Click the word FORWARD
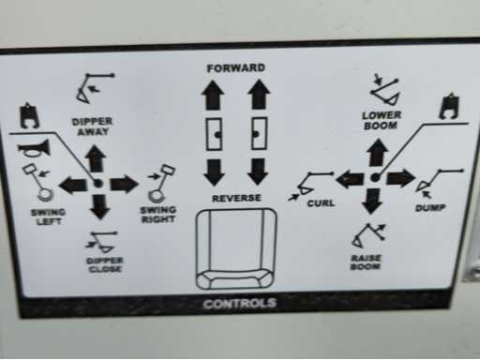click(236, 67)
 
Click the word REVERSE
click(236, 198)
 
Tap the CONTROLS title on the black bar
click(240, 304)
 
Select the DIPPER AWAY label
click(92, 127)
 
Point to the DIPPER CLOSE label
click(105, 265)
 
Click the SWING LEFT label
click(48, 217)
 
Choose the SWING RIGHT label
click(158, 215)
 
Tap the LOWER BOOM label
click(381, 121)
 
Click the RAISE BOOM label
click(366, 262)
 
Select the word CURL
click(321, 203)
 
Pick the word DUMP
click(430, 208)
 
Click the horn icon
click(34, 148)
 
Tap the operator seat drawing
click(236, 248)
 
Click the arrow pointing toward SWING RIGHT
click(124, 184)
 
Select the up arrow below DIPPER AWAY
click(96, 158)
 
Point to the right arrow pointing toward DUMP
click(401, 178)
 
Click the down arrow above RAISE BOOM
click(372, 202)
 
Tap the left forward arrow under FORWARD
click(213, 95)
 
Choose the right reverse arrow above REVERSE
click(258, 172)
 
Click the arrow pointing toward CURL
click(350, 179)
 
